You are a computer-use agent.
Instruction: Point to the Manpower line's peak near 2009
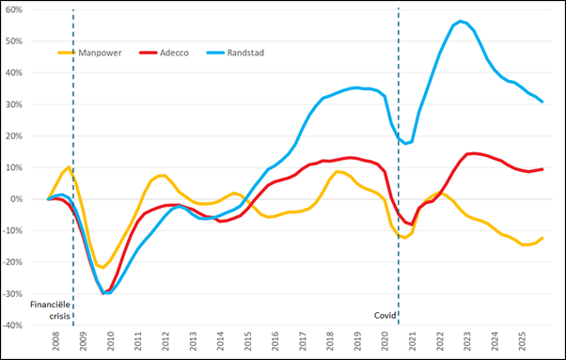[x=70, y=168]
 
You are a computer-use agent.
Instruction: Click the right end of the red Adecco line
[x=543, y=169]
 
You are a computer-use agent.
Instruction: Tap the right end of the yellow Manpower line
[x=543, y=238]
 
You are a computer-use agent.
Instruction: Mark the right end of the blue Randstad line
[x=543, y=102]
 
